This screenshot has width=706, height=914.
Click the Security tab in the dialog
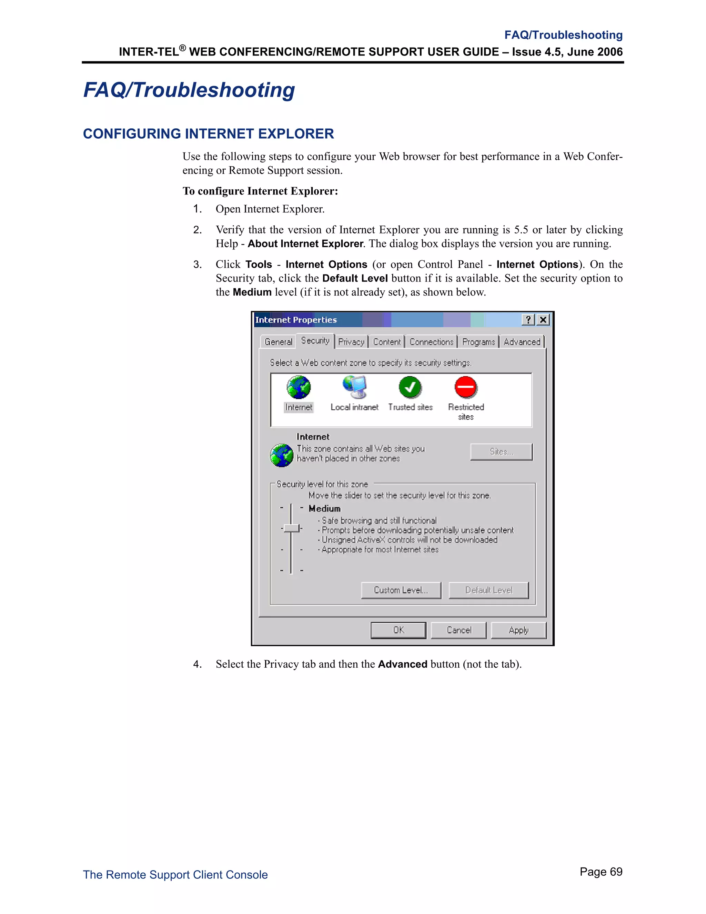(315, 341)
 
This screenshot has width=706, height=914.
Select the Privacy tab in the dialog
(351, 342)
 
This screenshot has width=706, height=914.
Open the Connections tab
(431, 342)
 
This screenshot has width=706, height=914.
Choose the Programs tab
(478, 342)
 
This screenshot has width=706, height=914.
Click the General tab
(278, 342)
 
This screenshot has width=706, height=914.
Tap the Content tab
(387, 342)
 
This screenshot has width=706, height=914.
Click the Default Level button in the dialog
(488, 590)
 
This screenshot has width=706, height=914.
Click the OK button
(398, 630)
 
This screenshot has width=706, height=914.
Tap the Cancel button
(458, 630)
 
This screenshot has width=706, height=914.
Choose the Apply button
(518, 630)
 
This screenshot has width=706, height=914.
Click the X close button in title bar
(543, 320)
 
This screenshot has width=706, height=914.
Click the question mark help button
(528, 320)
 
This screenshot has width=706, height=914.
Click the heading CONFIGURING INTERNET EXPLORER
(208, 134)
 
